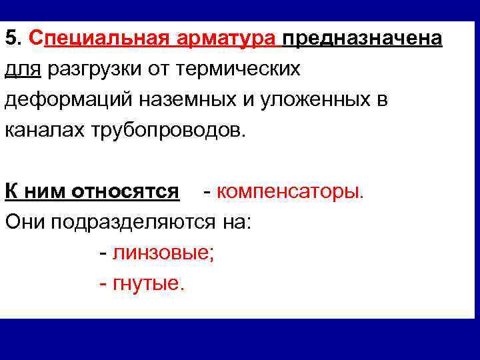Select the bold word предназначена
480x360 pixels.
click(363, 38)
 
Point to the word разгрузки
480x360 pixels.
click(86, 69)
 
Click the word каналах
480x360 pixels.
click(43, 130)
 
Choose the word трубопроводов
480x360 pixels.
click(167, 130)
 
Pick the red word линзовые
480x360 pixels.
click(163, 253)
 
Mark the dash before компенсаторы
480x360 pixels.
click(209, 192)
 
